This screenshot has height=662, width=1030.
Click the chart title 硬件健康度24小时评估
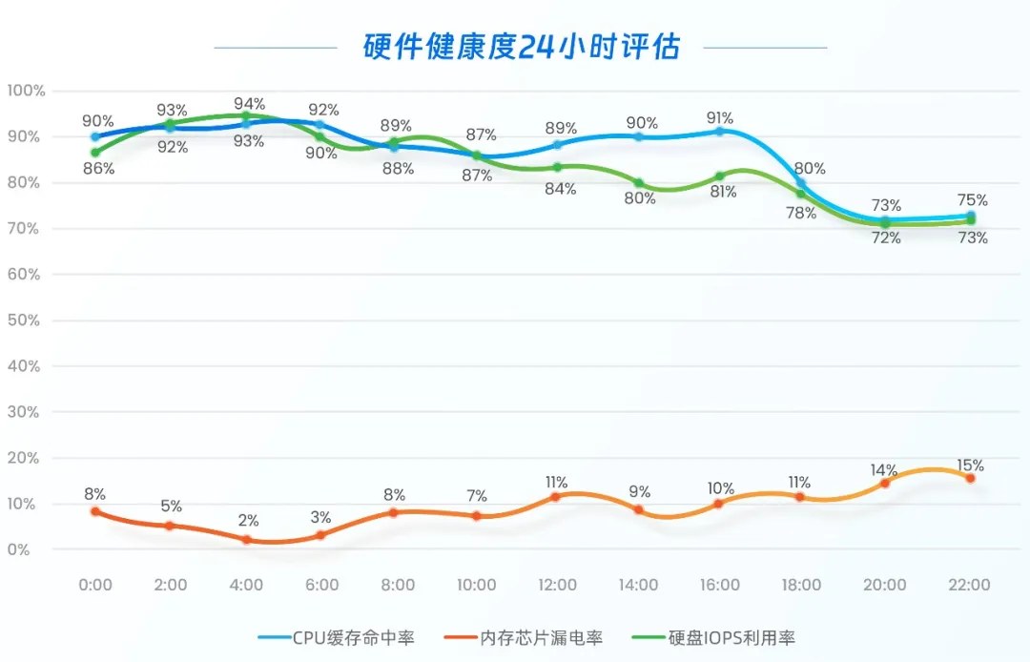click(521, 47)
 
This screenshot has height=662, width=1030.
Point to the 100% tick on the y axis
click(26, 91)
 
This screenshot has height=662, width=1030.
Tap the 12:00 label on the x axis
click(558, 585)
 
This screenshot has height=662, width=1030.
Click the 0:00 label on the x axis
click(94, 585)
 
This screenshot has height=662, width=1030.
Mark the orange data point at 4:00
click(246, 540)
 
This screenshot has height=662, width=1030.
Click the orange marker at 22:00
click(970, 478)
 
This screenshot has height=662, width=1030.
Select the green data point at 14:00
click(639, 183)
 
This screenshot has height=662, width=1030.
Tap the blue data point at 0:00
click(94, 136)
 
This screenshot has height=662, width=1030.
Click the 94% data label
click(249, 104)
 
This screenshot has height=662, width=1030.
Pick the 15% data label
click(971, 465)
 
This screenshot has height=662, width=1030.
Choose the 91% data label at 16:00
click(720, 118)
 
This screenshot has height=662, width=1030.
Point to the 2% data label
click(247, 521)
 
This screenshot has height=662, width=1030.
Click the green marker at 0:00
click(94, 153)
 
